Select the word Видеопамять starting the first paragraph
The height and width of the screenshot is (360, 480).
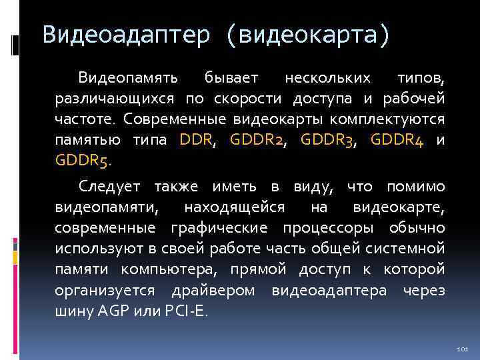[128, 79]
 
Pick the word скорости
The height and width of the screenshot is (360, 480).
[250, 99]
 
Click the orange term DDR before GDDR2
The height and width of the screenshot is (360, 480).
[195, 141]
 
